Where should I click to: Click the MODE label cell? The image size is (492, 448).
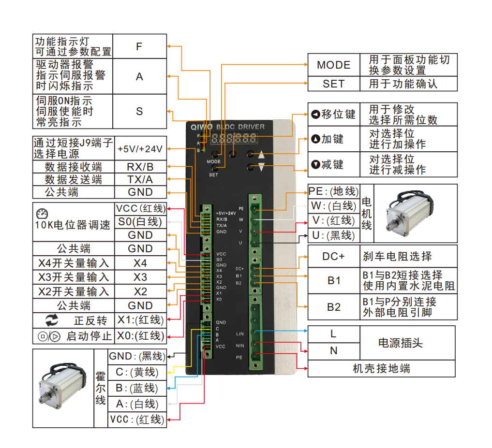click(334, 65)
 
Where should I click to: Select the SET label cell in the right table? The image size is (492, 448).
click(334, 84)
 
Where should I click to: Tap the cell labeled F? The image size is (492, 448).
click(139, 46)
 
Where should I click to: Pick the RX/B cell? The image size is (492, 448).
click(140, 167)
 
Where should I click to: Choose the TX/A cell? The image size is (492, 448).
click(140, 179)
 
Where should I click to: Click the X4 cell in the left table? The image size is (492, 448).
click(140, 263)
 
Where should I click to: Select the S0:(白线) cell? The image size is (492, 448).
click(140, 222)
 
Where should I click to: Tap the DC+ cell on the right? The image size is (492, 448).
click(334, 256)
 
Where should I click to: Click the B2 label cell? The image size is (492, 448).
click(334, 307)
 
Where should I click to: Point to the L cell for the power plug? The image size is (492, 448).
click(333, 334)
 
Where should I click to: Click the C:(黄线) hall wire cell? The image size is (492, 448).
click(137, 372)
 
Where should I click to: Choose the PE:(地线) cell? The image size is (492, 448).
click(333, 192)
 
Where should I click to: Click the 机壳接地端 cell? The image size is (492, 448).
click(381, 369)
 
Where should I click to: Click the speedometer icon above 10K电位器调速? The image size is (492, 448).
click(42, 214)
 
